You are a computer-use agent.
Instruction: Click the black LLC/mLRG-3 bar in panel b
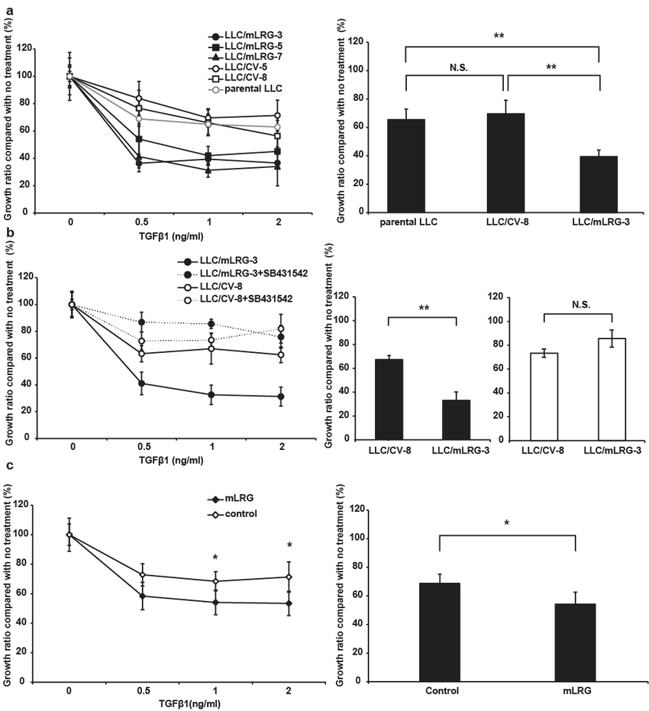(x=455, y=419)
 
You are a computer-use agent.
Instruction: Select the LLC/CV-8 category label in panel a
(x=503, y=222)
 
